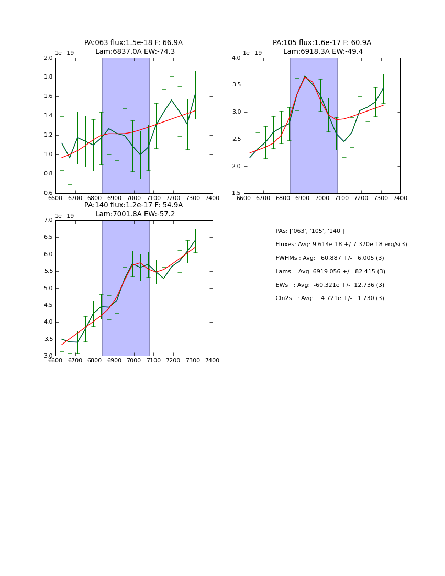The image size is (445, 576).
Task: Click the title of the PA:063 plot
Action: tap(133, 47)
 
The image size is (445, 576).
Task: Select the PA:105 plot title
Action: tap(322, 47)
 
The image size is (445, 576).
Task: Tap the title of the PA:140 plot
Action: tap(133, 209)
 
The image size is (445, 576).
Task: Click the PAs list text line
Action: tap(310, 231)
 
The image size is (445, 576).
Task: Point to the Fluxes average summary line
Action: tap(341, 245)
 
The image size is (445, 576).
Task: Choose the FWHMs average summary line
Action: tap(330, 258)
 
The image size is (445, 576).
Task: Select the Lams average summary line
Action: tap(330, 272)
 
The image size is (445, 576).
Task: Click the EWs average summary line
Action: tap(330, 285)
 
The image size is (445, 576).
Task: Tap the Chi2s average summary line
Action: tap(330, 298)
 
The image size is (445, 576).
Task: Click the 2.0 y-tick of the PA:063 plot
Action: tap(48, 58)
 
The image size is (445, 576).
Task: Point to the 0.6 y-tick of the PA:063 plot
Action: tap(48, 193)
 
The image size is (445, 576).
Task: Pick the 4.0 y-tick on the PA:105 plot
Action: tap(236, 58)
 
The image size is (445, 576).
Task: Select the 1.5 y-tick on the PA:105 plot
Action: tap(236, 193)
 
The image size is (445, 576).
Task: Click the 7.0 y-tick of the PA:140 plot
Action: tap(48, 220)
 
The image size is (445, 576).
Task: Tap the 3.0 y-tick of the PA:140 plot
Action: tap(48, 356)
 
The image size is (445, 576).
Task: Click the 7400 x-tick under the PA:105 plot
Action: tap(400, 198)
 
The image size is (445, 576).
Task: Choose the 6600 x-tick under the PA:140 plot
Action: tap(55, 361)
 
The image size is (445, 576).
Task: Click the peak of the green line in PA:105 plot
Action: tap(305, 76)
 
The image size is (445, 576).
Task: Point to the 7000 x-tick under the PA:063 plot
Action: tap(134, 198)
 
